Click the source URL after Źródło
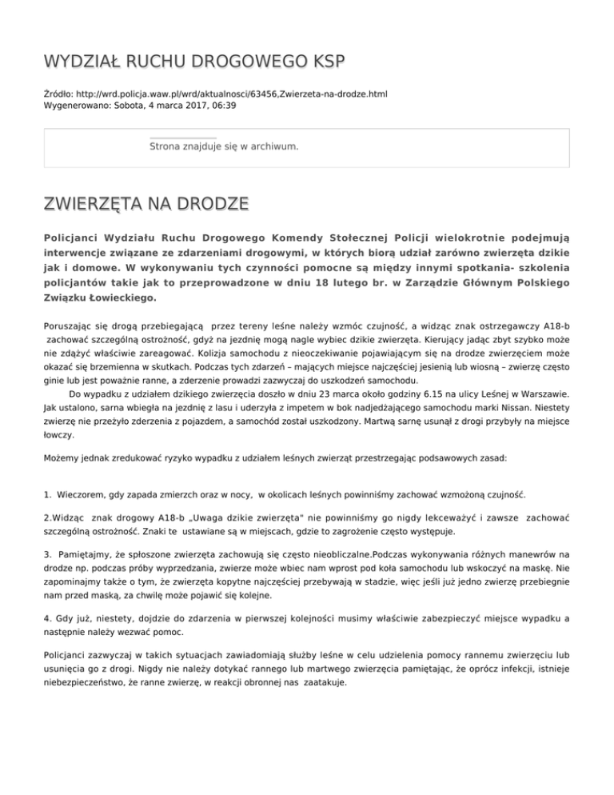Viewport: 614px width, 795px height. pos(234,94)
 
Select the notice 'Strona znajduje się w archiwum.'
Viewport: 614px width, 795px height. pos(224,147)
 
